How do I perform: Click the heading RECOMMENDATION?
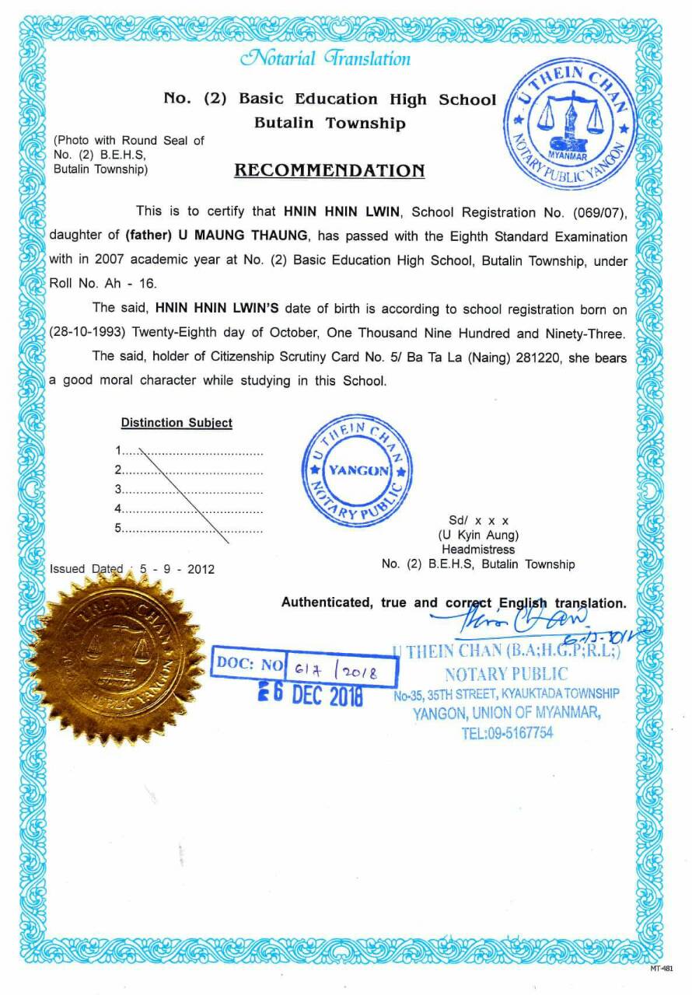click(329, 170)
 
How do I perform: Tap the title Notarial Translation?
click(325, 58)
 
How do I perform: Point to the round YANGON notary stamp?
click(357, 470)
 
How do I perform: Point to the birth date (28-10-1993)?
click(88, 333)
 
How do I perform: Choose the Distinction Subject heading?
click(176, 423)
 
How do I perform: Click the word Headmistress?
click(478, 550)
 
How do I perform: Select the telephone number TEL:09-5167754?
click(507, 732)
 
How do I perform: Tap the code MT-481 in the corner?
click(661, 969)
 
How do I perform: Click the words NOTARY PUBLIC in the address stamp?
click(506, 674)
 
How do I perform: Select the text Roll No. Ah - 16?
click(103, 284)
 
